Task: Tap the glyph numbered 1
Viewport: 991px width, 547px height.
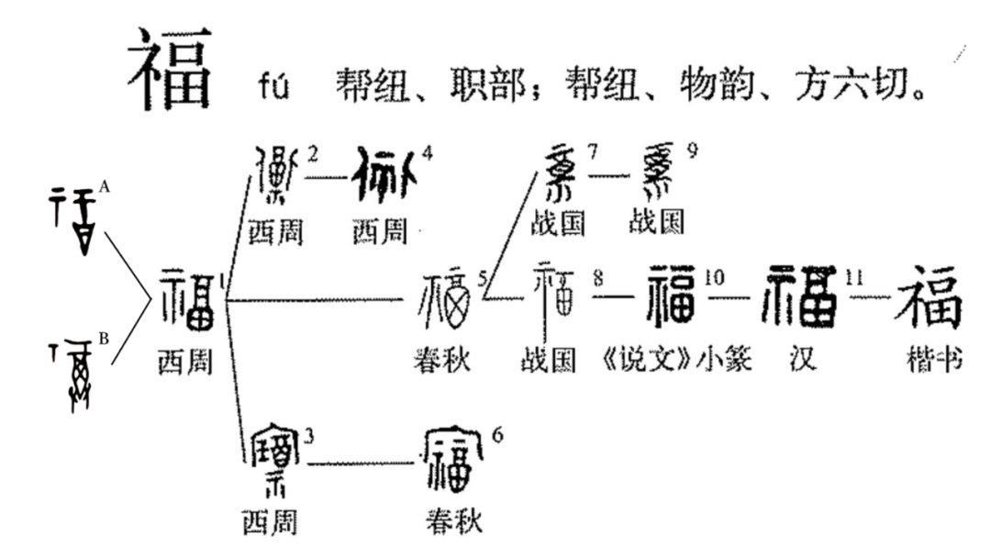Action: (189, 299)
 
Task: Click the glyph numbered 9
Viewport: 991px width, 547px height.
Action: (655, 172)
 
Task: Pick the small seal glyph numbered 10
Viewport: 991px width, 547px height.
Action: (673, 296)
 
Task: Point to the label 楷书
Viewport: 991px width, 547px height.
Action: (931, 362)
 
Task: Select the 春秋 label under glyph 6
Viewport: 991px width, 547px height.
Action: (453, 522)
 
